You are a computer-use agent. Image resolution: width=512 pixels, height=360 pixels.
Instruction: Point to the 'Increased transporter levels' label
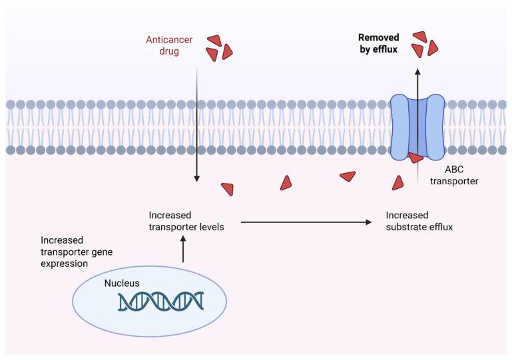(186, 221)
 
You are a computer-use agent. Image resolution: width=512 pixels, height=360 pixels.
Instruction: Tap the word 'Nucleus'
(122, 283)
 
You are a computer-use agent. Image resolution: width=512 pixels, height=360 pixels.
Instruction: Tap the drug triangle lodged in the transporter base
(415, 158)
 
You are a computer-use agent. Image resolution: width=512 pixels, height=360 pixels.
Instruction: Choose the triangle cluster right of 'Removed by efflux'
(424, 44)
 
